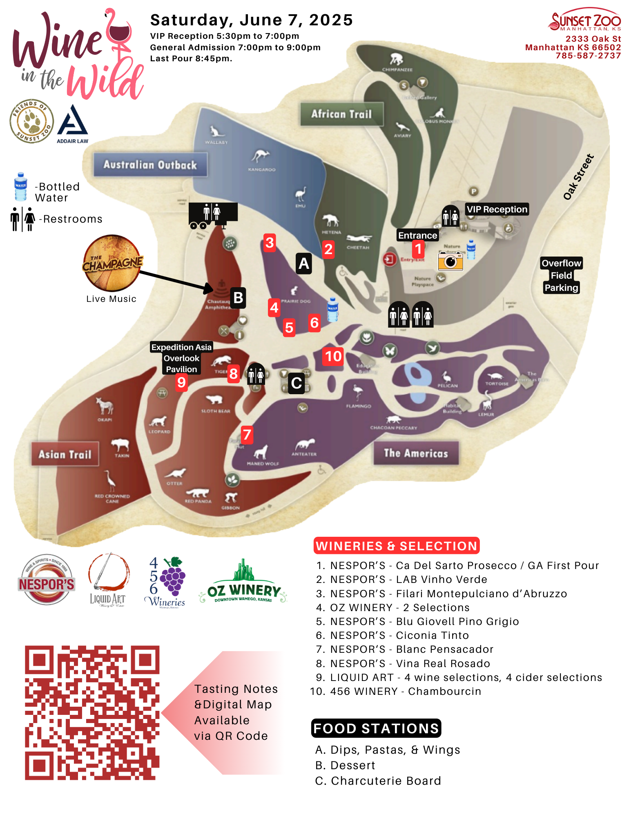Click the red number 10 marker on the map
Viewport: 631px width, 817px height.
coord(333,357)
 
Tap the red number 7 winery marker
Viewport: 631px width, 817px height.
coord(247,435)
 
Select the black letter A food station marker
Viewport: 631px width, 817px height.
coord(303,263)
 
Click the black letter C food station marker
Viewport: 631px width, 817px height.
coord(297,383)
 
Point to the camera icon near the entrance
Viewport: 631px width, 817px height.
coord(450,261)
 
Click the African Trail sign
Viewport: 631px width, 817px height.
coord(342,114)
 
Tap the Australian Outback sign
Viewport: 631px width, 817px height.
coord(150,165)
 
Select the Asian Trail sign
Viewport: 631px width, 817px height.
coord(65,454)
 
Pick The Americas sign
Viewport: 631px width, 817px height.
coord(416,453)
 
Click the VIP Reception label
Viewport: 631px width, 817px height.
coord(497,209)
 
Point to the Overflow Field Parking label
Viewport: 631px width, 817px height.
coord(561,275)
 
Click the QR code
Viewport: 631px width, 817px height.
coord(92,713)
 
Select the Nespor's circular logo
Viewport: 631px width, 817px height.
coord(47,580)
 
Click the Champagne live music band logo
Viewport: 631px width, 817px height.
coord(112,263)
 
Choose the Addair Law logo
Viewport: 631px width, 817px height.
coord(73,124)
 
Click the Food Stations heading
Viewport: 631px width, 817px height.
coord(376,728)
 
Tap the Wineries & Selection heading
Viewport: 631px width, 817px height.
coord(396,546)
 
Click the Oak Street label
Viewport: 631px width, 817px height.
coord(578,177)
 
